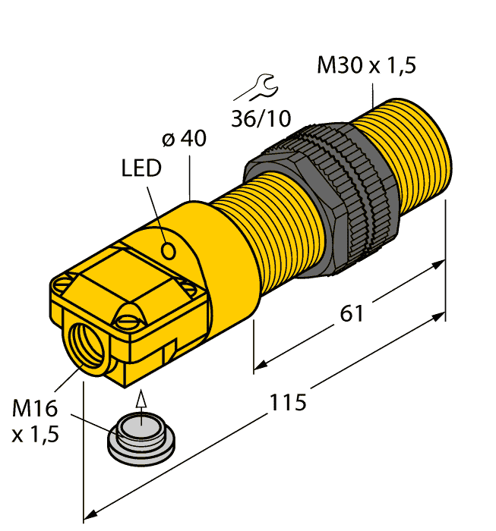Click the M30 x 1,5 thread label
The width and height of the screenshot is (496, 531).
[x=366, y=66]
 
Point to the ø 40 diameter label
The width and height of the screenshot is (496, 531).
[x=185, y=140]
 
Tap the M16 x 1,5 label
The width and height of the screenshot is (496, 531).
[x=35, y=421]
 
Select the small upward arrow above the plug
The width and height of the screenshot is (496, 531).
[x=139, y=400]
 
